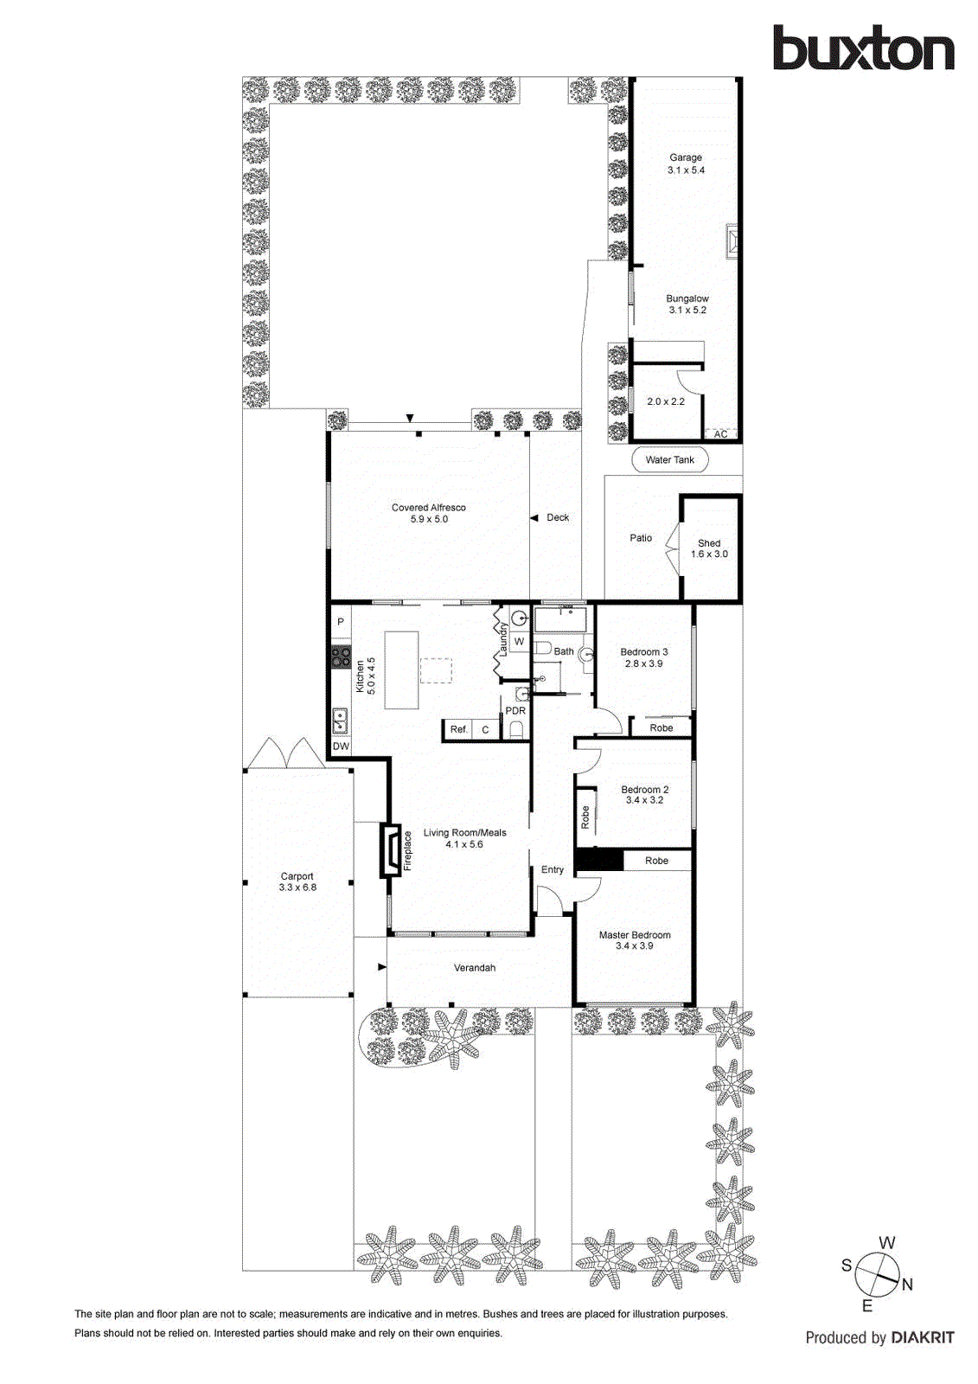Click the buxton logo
[x=863, y=48]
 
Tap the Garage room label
[x=686, y=157]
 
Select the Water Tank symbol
[x=669, y=460]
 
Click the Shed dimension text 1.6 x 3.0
[x=709, y=554]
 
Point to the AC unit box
[x=720, y=434]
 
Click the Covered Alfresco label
[x=428, y=508]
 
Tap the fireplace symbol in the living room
[x=391, y=850]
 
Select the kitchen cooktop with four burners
[x=341, y=657]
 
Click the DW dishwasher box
[x=341, y=746]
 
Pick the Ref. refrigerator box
[x=458, y=729]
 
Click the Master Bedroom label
[x=635, y=935]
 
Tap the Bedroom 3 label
[x=644, y=652]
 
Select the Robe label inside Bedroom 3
[x=662, y=728]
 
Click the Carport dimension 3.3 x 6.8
[x=297, y=887]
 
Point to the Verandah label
[x=475, y=968]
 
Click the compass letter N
[x=907, y=1285]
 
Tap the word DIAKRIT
[x=923, y=1337]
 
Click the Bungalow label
[x=687, y=298]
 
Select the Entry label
[x=553, y=870]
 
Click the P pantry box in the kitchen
[x=341, y=622]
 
